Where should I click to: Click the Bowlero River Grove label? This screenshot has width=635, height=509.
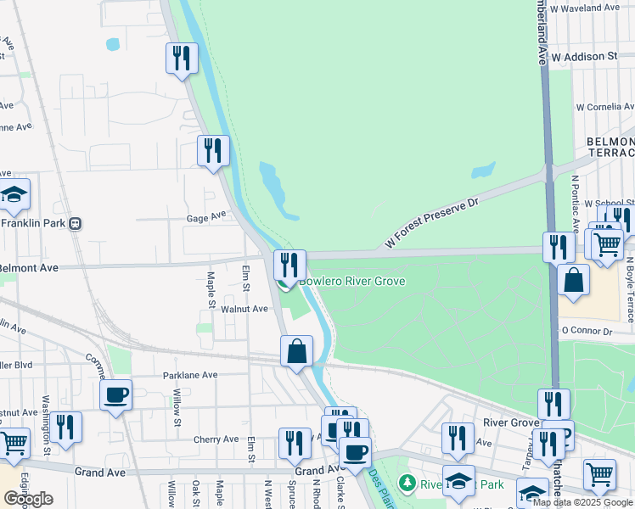pos(351,281)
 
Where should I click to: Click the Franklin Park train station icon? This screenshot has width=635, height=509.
pos(76,224)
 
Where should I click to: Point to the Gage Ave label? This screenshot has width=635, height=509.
pos(206,217)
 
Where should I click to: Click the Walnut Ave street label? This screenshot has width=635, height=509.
pos(244,310)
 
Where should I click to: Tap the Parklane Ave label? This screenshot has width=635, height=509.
pos(192,374)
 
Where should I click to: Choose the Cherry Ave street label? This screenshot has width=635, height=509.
pos(216,439)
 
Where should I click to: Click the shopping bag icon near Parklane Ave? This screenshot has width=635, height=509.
pos(296,351)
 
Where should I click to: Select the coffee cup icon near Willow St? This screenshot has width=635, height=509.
pos(115,394)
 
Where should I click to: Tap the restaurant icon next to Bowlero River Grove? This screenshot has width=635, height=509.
pos(289,265)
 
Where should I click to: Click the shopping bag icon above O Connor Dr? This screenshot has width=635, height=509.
pos(574,281)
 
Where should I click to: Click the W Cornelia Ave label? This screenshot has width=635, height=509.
pos(604,108)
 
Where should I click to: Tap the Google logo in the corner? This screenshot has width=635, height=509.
pos(28,499)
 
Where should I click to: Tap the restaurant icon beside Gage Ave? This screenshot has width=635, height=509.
pos(213,150)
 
